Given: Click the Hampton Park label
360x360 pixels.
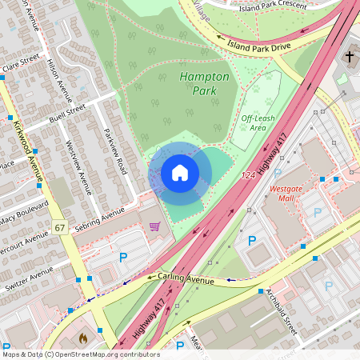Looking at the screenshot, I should pos(204,83).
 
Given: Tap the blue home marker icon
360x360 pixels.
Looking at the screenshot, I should pos(180,173).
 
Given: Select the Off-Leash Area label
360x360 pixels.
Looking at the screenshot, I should pos(254,122).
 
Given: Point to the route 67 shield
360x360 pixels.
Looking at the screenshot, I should pos(61,228).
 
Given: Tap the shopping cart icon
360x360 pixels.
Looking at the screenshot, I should pos(154,226).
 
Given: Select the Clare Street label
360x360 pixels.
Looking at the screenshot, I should pos(20,63).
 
